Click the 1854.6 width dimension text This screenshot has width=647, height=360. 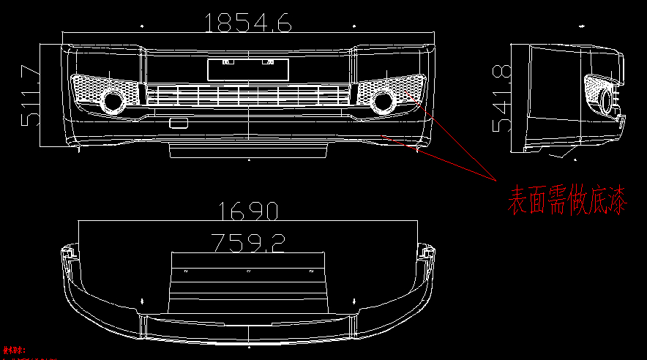pyautogui.click(x=249, y=23)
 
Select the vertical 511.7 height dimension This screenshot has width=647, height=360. pyautogui.click(x=30, y=95)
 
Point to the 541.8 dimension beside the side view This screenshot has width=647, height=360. pyautogui.click(x=501, y=97)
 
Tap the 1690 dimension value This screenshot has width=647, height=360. pyautogui.click(x=249, y=212)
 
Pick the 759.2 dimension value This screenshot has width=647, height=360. pyautogui.click(x=247, y=241)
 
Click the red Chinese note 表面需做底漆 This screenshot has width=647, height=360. pyautogui.click(x=567, y=200)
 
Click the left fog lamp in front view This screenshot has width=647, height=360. pyautogui.click(x=113, y=102)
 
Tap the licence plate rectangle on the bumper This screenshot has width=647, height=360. pyautogui.click(x=248, y=70)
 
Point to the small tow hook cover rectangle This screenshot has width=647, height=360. pyautogui.click(x=178, y=123)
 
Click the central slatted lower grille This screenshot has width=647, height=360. pyautogui.click(x=248, y=94)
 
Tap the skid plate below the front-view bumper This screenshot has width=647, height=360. pyautogui.click(x=248, y=151)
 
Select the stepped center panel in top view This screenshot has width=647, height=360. pyautogui.click(x=247, y=285)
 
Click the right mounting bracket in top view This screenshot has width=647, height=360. pyautogui.click(x=427, y=253)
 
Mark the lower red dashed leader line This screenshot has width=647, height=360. pyautogui.click(x=439, y=157)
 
